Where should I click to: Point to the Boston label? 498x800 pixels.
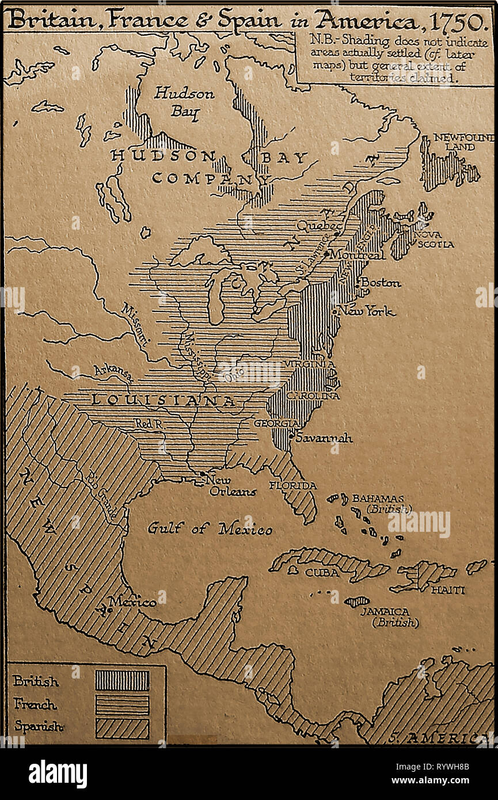381,283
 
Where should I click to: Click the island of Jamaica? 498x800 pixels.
356,601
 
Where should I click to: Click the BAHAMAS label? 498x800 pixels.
378,498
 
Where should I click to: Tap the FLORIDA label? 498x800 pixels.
292,485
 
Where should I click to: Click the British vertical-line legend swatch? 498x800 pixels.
122,680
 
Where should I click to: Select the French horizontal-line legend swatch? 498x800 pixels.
122,704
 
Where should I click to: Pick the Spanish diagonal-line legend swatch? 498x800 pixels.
122,728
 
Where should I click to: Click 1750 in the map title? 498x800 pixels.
458,21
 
